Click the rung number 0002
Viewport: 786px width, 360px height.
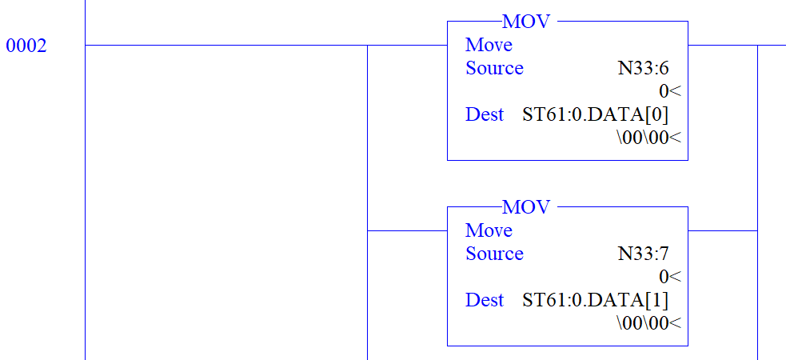26,46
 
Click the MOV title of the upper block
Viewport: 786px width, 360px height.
526,22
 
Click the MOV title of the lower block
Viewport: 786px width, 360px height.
526,207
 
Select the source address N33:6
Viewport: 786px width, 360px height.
643,68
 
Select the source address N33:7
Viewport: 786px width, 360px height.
643,254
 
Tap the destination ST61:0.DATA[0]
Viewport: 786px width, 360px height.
595,114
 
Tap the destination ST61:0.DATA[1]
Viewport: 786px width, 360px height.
595,300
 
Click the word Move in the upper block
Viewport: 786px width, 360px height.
489,45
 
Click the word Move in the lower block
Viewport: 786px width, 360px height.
489,230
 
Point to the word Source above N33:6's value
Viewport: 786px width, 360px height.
494,68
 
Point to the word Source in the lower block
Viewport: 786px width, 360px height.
494,254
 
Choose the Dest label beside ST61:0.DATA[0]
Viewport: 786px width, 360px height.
485,114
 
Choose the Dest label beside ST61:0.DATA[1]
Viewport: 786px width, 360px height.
485,300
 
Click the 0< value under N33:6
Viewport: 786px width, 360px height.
669,91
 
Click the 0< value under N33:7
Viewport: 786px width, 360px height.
669,277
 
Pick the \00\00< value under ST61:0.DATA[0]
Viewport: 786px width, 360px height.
648,138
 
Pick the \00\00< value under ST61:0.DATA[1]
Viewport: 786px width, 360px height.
648,323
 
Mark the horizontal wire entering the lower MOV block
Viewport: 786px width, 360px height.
407,230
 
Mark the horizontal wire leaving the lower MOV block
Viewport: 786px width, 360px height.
722,230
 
